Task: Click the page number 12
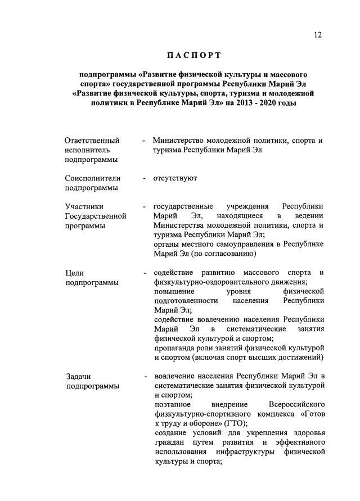tap(318, 35)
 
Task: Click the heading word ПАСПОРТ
tap(193, 55)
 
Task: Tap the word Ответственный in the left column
tap(92, 141)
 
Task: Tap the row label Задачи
tap(78, 376)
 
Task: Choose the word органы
tap(166, 244)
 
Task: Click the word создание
tap(170, 433)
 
